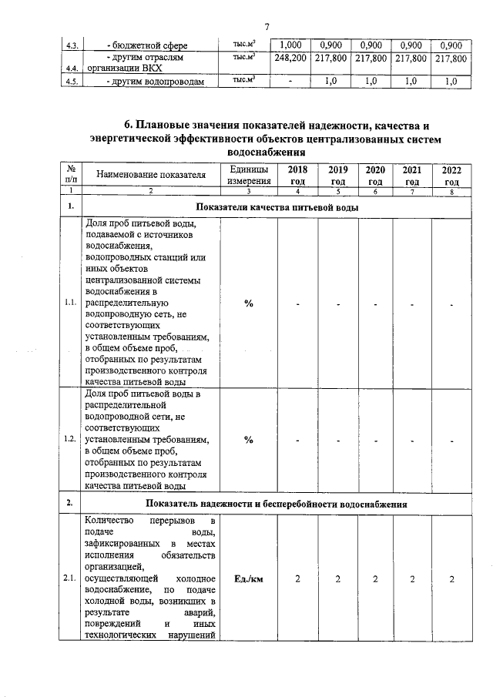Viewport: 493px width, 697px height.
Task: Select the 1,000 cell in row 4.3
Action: (x=292, y=44)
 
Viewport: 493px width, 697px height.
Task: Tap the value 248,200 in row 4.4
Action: (x=292, y=59)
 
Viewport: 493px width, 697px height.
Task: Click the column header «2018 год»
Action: (x=297, y=175)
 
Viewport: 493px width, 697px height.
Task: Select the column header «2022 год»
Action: (x=451, y=175)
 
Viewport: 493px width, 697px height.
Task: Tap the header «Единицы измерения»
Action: (x=248, y=175)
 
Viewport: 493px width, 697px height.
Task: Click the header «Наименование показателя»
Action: (x=151, y=175)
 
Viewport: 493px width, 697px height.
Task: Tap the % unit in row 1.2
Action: (x=249, y=440)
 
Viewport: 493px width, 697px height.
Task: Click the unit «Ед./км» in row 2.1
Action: (x=249, y=580)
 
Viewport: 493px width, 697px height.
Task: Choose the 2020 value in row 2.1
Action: (x=375, y=580)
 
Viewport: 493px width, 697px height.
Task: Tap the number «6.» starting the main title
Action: (x=129, y=126)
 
